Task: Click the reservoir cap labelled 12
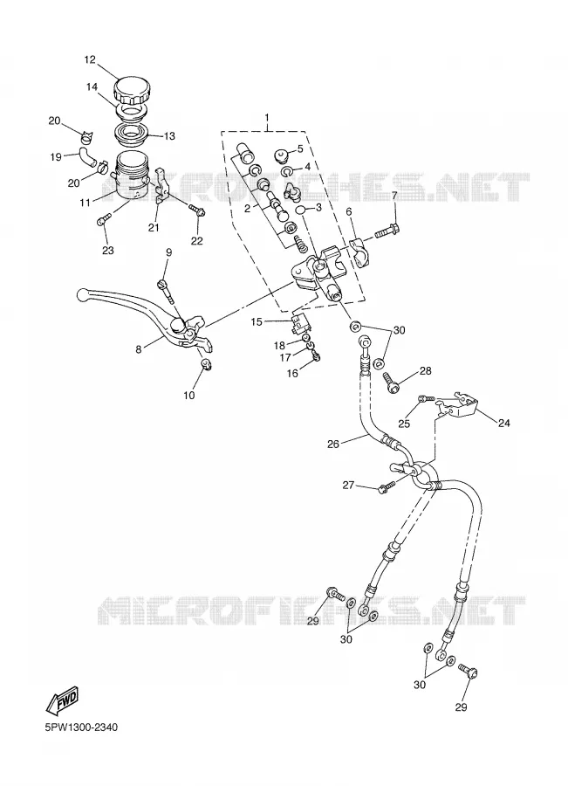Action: point(132,90)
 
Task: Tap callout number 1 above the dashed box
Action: point(267,118)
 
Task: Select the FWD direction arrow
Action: point(62,700)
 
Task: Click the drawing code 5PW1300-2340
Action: point(80,727)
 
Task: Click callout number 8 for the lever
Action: point(138,349)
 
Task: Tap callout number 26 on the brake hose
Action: point(333,444)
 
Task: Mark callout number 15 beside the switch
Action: point(257,321)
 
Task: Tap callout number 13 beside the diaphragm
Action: point(169,136)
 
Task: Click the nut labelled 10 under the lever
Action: point(205,363)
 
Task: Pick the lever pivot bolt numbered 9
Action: point(165,292)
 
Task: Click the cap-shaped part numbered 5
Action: point(282,154)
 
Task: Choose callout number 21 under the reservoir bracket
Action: point(154,228)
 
